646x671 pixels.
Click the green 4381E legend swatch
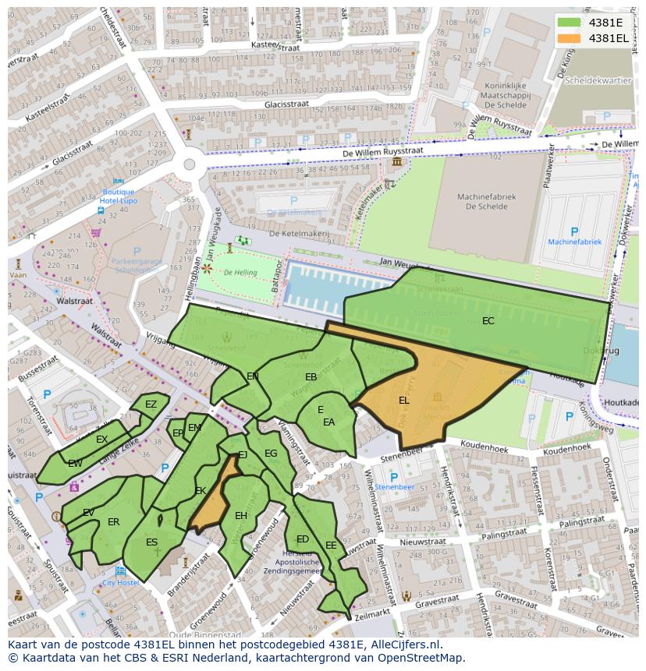point(569,23)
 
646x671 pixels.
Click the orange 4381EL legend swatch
point(569,38)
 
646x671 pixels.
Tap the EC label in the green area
point(488,321)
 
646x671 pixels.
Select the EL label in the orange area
point(403,401)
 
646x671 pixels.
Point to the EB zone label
point(311,377)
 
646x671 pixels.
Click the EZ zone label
point(151,404)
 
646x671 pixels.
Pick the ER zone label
point(114,522)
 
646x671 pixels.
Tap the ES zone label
point(151,542)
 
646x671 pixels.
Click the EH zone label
point(241,516)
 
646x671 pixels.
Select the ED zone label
point(303,539)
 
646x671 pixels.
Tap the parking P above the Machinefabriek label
point(575,231)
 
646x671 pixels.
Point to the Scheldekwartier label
point(598,80)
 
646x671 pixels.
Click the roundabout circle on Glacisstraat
point(189,164)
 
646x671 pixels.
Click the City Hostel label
point(120,582)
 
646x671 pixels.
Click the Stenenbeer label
point(394,487)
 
